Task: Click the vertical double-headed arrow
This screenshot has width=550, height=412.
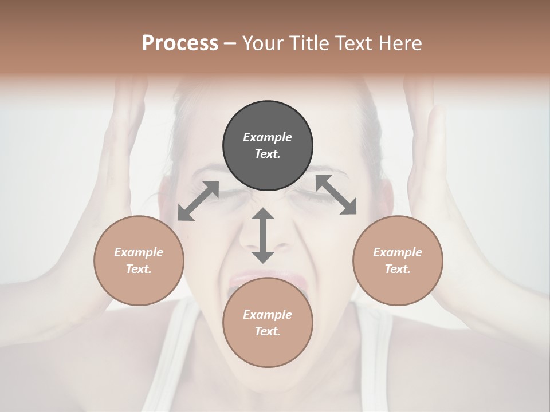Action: tap(263, 235)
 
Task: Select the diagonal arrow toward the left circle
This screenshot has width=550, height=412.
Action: tap(198, 201)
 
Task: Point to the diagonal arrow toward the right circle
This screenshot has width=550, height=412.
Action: tap(336, 195)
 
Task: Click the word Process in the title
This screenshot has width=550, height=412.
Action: tap(180, 43)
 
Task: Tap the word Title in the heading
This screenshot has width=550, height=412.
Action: tap(311, 43)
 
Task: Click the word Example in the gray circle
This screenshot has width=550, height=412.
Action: tap(268, 137)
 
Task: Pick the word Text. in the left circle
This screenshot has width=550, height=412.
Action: tap(139, 269)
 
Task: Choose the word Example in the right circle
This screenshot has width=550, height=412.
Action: tap(398, 252)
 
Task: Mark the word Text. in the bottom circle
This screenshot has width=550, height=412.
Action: tap(268, 331)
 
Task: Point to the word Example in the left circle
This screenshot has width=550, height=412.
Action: tap(139, 252)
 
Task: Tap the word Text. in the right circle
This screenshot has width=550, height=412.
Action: tap(398, 269)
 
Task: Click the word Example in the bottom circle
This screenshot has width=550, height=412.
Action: tap(268, 315)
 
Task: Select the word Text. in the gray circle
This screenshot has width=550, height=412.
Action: tap(268, 154)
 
